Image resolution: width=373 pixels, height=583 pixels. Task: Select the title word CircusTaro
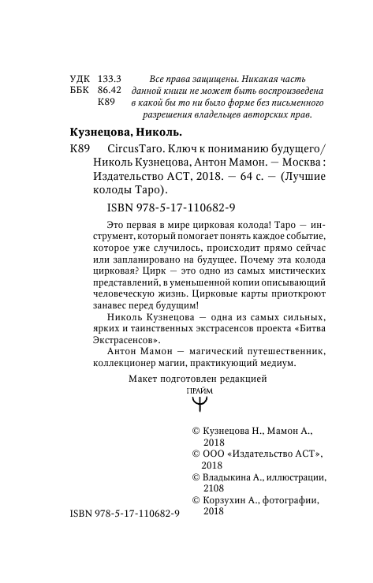(127, 150)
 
